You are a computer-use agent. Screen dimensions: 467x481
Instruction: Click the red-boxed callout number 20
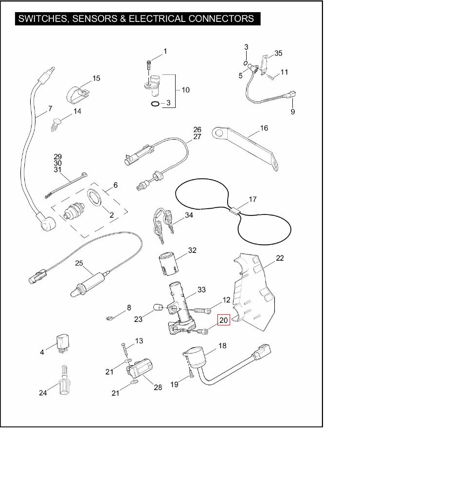224,320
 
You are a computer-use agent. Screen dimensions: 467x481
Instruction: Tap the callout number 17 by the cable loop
252,199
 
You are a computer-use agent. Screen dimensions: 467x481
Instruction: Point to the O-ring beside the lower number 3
155,104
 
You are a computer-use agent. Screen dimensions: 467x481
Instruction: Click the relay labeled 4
62,343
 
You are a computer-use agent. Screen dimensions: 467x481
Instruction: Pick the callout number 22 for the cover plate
280,258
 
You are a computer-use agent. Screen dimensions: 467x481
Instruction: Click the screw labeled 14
56,125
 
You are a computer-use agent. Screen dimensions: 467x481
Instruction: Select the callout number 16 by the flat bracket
264,128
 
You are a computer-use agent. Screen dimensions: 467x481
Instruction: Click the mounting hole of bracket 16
218,133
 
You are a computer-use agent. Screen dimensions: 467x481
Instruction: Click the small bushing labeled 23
158,307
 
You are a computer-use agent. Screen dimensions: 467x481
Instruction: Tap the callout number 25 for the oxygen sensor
79,263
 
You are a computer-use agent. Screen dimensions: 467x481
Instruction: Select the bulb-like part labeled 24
64,380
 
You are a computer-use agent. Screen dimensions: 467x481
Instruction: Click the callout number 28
158,388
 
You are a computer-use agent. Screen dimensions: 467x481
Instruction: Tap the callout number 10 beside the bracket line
186,90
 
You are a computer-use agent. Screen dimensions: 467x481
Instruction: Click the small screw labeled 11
271,78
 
